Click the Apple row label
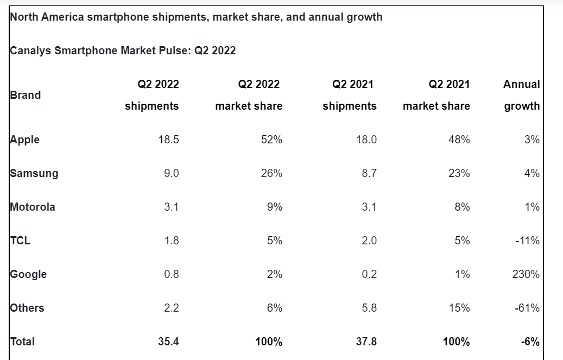[x=25, y=140]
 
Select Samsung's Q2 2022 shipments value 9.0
[x=172, y=173]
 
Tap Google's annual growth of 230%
[x=526, y=274]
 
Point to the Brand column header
[x=26, y=95]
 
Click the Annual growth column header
[x=522, y=95]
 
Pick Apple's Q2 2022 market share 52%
[x=271, y=140]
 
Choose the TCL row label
[x=21, y=241]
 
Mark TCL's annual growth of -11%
[x=528, y=241]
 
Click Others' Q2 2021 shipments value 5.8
[x=369, y=308]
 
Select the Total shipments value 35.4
[x=168, y=342]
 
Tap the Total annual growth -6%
[x=529, y=342]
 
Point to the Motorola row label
[x=33, y=207]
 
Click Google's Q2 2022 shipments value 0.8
[x=172, y=274]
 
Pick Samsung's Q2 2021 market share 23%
[x=459, y=173]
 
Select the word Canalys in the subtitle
[x=31, y=50]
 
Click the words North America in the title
[x=47, y=17]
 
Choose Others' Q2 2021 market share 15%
[x=459, y=308]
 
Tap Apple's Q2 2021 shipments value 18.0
[x=366, y=140]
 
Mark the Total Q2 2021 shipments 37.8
[x=365, y=342]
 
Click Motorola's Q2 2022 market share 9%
[x=275, y=207]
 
